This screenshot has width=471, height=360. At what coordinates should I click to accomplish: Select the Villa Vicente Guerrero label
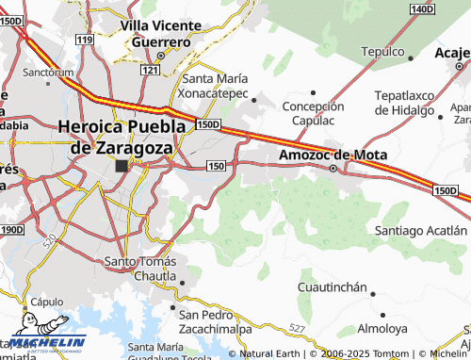tap(161, 34)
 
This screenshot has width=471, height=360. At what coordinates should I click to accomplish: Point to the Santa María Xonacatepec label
tap(214, 86)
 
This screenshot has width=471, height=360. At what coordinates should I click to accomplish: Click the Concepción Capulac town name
tap(314, 112)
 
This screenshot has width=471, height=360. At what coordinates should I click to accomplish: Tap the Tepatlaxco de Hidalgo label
tap(411, 103)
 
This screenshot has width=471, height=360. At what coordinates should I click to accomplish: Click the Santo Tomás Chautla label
tap(140, 268)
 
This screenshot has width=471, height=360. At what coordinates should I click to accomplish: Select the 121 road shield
tap(150, 71)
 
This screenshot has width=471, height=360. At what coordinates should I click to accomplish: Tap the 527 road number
tap(298, 327)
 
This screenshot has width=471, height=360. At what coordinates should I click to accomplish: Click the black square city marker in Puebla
tap(122, 166)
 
